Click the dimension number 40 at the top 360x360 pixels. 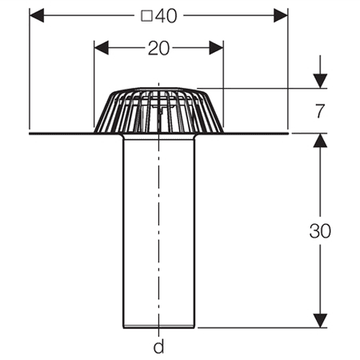point(166,16)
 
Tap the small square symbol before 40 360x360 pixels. point(147,17)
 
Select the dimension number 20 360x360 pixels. point(158,48)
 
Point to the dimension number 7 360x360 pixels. point(320,111)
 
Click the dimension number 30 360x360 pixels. point(320,231)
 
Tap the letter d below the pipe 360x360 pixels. point(158,346)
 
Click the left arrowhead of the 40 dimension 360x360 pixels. point(37,15)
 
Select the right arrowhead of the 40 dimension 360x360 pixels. point(281,15)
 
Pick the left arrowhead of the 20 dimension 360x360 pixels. point(102,48)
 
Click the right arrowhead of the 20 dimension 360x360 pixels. point(216,48)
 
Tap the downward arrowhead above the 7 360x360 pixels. point(320,81)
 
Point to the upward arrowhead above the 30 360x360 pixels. point(320,140)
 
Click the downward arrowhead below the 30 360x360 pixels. point(320,320)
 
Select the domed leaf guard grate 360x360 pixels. point(158,110)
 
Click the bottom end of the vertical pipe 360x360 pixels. point(158,327)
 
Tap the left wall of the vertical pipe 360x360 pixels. point(123,232)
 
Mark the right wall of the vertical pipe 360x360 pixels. point(194,232)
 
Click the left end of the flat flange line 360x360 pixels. point(30,133)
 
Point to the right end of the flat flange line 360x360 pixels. point(288,133)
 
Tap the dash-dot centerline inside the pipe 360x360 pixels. point(158,230)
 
